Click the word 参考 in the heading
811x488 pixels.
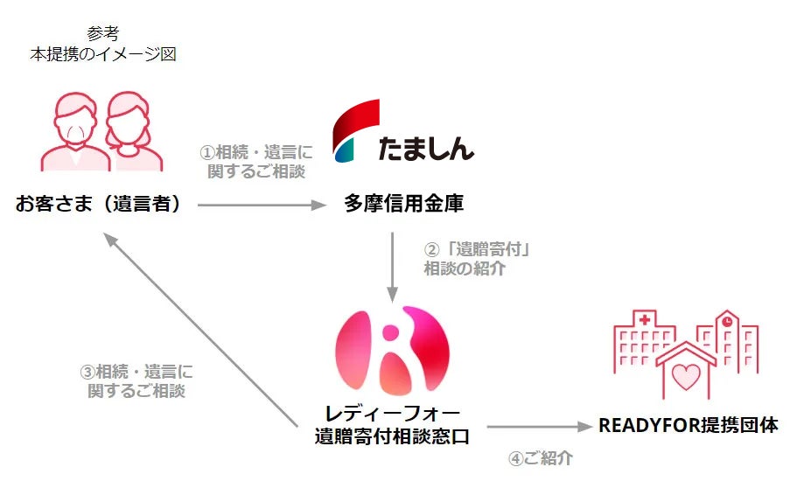(102, 34)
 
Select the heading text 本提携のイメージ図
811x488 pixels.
(102, 54)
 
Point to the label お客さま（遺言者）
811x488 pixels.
(98, 205)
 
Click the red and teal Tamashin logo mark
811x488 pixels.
(355, 130)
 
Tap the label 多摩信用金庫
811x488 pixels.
(403, 205)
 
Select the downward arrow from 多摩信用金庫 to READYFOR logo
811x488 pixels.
(393, 266)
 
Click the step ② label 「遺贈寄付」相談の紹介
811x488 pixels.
(478, 259)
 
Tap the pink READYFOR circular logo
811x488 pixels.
(392, 350)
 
